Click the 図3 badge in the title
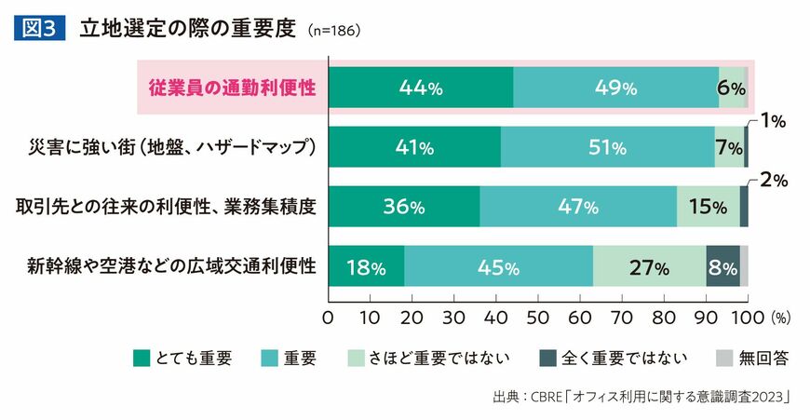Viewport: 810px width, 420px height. (39, 27)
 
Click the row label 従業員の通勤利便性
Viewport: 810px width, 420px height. (233, 88)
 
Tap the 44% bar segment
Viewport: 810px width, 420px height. (420, 88)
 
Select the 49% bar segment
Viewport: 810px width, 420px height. (615, 88)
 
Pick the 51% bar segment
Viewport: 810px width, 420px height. (607, 147)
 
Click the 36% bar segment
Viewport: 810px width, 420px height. (403, 206)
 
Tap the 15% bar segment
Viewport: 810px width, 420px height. (708, 206)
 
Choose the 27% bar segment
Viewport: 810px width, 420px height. (649, 266)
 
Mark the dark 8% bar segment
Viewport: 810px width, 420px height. (722, 266)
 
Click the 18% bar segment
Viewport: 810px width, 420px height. (365, 266)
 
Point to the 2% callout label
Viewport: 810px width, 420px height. (774, 181)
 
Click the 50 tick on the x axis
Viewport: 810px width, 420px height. (537, 318)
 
